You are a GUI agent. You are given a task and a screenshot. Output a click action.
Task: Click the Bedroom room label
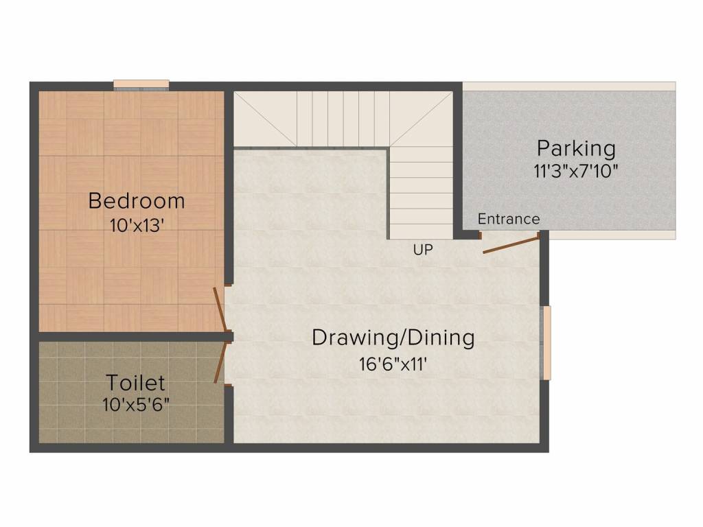(x=137, y=201)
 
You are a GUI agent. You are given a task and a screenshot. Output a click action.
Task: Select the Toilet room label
(x=135, y=383)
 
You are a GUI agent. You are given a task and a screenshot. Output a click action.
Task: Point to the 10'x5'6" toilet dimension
(x=136, y=405)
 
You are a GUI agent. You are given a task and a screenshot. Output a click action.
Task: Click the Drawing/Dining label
(x=393, y=338)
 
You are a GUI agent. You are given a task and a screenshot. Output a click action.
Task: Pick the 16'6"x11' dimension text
(x=392, y=364)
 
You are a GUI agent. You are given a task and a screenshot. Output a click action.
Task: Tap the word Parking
(x=576, y=148)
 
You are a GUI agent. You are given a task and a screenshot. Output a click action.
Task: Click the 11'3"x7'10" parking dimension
(x=576, y=171)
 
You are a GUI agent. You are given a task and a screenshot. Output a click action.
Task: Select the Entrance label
(x=509, y=219)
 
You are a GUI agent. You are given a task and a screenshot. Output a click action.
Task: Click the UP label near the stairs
(x=423, y=250)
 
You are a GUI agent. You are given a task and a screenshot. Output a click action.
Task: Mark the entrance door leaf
(x=511, y=245)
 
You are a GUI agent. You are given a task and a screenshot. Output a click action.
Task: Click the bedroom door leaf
(x=220, y=309)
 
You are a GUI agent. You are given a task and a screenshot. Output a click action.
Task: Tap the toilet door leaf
(x=220, y=363)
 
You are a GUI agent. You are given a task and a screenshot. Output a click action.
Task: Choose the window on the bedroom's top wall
(x=141, y=85)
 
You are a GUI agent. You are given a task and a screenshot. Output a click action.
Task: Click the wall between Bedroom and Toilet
(x=132, y=336)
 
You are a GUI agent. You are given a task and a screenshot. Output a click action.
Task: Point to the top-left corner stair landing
(x=265, y=119)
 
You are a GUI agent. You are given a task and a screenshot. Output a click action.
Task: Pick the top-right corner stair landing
(x=421, y=119)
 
